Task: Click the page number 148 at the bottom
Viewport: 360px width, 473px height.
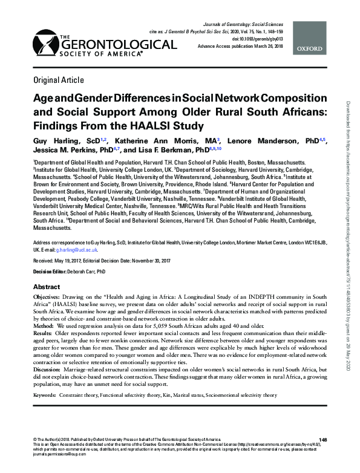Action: tap(322, 439)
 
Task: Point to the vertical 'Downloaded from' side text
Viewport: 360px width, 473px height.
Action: tap(351, 139)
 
